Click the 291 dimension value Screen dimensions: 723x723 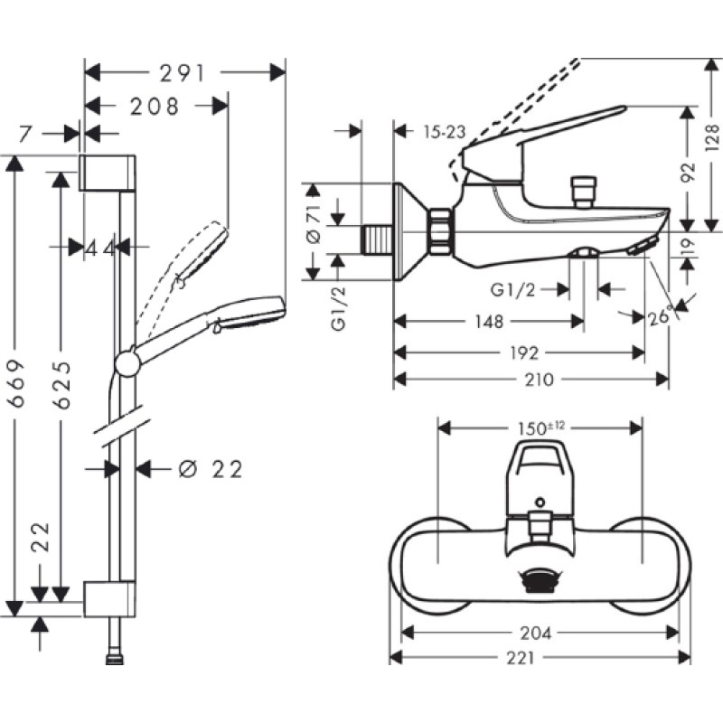[183, 73]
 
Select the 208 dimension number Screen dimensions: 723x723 [155, 107]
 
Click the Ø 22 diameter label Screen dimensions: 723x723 [211, 470]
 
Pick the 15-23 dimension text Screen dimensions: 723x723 [445, 132]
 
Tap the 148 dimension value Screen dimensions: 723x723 [489, 322]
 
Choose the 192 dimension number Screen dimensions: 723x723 [524, 353]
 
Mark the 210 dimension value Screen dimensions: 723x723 [539, 380]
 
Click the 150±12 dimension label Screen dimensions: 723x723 [540, 428]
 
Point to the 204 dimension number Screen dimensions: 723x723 [536, 634]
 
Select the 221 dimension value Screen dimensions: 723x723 [522, 658]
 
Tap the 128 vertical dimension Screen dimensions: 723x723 [712, 137]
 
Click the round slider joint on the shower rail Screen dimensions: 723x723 [127, 364]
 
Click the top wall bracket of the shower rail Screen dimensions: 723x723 [108, 173]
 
